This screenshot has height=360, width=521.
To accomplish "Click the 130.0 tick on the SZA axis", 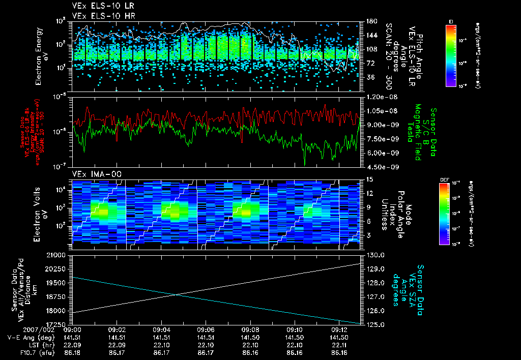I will [375, 255].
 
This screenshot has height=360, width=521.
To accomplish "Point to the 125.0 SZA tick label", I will [375, 324].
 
